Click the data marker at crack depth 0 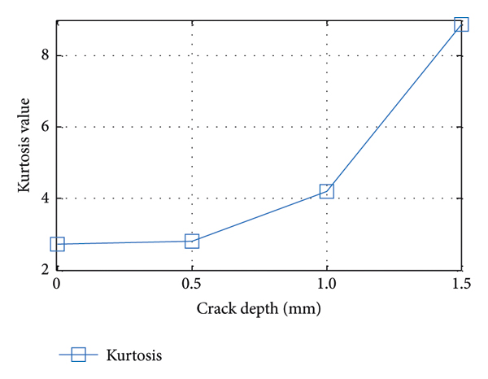(57, 244)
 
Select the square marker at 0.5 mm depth (192, 241)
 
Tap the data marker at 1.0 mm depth (327, 191)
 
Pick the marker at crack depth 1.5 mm (461, 24)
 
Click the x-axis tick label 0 (56, 284)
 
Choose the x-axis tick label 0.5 (192, 284)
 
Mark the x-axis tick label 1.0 (326, 284)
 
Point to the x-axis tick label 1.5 (461, 284)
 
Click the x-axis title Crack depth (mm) (259, 309)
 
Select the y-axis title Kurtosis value (25, 146)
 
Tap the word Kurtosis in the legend (134, 355)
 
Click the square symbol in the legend (78, 355)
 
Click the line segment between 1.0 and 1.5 (394, 107)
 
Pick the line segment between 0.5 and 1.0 (259, 216)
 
